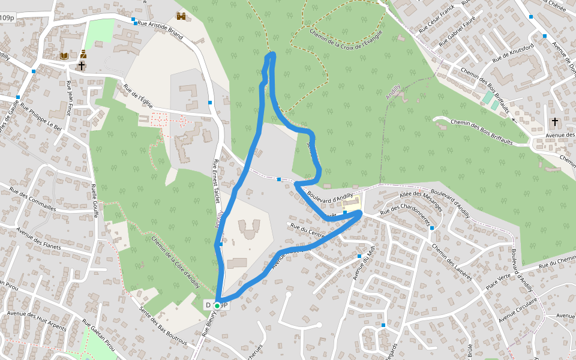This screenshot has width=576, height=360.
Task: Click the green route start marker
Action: click(217, 305)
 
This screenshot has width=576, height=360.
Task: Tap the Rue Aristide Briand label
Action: click(160, 29)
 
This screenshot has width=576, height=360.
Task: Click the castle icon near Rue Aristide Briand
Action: click(181, 16)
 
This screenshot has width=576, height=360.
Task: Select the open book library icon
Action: click(64, 56)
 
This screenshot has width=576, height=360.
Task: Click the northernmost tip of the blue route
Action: click(272, 55)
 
